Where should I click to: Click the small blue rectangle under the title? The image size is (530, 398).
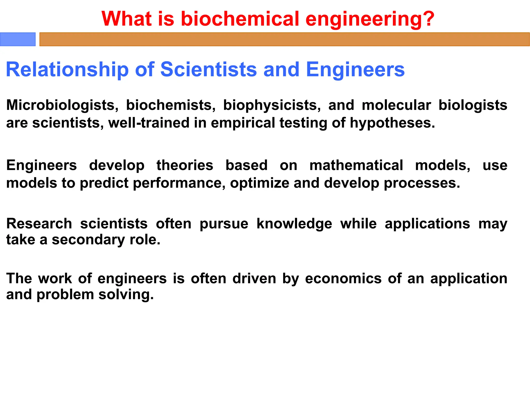pos(18,39)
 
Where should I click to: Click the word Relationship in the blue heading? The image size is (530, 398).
pos(67,69)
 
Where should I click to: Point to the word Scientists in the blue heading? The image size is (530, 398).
pos(209,69)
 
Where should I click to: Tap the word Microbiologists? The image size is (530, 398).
pos(62,105)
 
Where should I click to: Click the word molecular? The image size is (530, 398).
pos(396,105)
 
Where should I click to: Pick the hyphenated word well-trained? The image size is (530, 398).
pos(149,123)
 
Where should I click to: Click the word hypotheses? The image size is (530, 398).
pos(392,123)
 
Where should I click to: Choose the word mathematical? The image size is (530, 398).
pos(356,165)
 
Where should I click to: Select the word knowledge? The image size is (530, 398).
pos(294,224)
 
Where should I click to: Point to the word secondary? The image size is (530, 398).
pos(89,240)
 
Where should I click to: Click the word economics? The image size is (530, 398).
pos(343,279)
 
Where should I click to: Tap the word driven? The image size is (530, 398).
pos(254,279)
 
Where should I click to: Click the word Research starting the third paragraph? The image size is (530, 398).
pos(39,224)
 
